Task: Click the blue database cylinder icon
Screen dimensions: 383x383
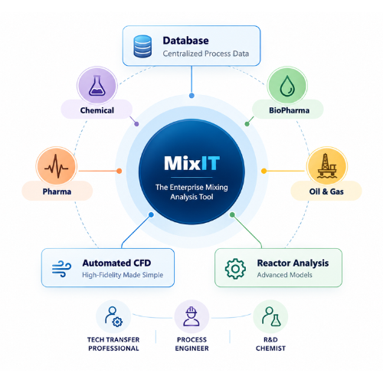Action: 142,46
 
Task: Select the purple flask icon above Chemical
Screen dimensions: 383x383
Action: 97,86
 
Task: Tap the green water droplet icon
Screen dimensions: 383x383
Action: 287,86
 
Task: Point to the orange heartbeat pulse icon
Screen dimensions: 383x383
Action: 56,166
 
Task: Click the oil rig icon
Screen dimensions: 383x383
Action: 327,165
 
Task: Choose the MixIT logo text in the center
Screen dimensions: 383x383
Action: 191,163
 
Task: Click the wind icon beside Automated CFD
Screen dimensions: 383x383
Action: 61,269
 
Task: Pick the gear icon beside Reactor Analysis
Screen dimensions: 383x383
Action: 235,269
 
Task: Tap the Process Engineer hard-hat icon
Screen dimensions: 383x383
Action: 191,316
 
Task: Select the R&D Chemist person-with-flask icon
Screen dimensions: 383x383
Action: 271,316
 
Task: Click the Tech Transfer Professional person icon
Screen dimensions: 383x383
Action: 113,316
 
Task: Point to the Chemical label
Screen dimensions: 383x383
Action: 97,110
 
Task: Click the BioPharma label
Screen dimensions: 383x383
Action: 289,110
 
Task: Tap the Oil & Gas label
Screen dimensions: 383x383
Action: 326,191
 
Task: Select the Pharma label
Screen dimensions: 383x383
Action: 57,191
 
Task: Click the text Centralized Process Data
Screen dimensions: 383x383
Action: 206,54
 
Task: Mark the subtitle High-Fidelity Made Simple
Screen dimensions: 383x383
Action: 123,275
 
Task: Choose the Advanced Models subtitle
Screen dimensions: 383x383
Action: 284,275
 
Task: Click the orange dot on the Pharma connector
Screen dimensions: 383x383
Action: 119,171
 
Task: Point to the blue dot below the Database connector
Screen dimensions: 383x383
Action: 191,96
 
